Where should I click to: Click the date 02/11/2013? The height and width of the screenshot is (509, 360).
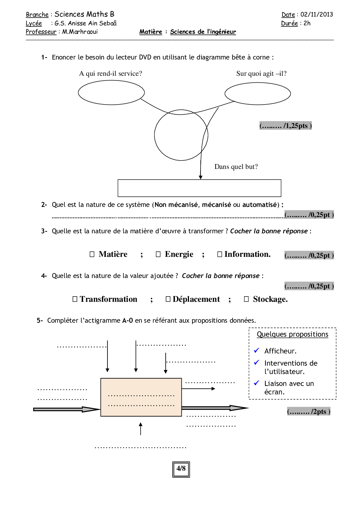pos(316,15)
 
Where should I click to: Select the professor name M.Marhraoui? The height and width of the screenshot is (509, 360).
pos(80,32)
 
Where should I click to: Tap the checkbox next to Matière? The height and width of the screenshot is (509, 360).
pos(92,255)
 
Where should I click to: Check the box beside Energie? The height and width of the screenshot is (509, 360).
pos(158,255)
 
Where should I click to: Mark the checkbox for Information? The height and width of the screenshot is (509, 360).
pos(220,255)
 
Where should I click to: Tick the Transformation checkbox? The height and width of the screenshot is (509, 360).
pos(75,299)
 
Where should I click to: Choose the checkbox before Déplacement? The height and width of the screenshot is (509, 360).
pos(168,299)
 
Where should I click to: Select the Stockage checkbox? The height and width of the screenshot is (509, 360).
pos(246,299)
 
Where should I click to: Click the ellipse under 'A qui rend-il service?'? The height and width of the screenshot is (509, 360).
pos(111,93)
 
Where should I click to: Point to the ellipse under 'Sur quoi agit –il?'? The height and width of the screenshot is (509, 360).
pos(258,93)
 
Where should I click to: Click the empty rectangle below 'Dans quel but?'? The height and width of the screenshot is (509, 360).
pos(199,188)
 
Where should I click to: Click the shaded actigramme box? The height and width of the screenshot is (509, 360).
pos(141,397)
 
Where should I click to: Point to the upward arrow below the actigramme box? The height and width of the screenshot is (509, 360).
pos(141,429)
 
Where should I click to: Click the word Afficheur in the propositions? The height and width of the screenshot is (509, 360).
pos(280,351)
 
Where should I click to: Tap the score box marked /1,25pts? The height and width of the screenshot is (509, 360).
pos(285,126)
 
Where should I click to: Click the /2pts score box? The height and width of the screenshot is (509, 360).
pos(309,411)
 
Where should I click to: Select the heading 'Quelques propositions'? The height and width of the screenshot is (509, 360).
pos(292,334)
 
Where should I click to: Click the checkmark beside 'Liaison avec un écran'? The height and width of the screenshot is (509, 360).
pos(257,383)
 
